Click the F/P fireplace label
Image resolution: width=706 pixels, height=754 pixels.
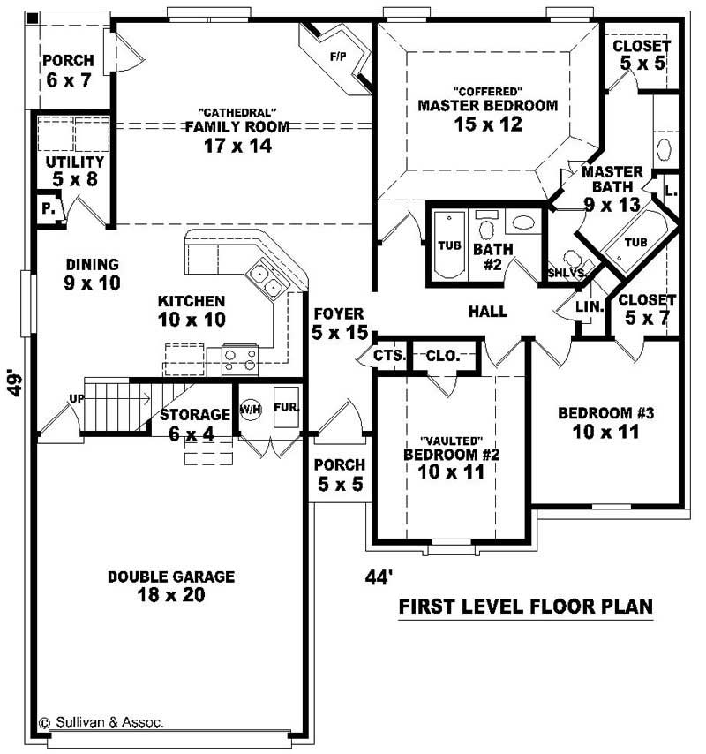coord(337,57)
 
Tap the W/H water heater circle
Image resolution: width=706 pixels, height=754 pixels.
coord(249,410)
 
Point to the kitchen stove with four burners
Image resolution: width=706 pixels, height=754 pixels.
coord(239,359)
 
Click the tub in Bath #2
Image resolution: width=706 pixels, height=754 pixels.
coord(447,245)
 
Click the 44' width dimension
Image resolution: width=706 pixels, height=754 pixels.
coord(379,577)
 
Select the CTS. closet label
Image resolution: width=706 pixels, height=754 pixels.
coord(389,356)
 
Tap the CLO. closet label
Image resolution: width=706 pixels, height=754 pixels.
coord(441,356)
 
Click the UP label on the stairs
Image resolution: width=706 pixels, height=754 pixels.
coord(77,399)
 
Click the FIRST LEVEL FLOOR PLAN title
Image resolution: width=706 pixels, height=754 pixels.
coord(526,607)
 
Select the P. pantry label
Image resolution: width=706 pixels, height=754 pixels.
coord(46,210)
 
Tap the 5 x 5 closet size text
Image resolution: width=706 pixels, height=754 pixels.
coord(642,64)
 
